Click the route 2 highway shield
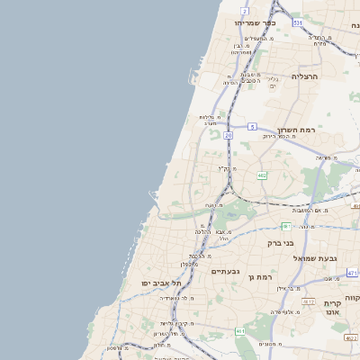[x=245, y=10]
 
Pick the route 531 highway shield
[x=298, y=21]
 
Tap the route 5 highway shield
[x=253, y=127]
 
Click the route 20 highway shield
[x=229, y=134]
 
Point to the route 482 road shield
[x=262, y=175]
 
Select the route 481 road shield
[x=286, y=226]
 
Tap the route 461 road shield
[x=240, y=332]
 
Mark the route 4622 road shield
[x=351, y=338]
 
